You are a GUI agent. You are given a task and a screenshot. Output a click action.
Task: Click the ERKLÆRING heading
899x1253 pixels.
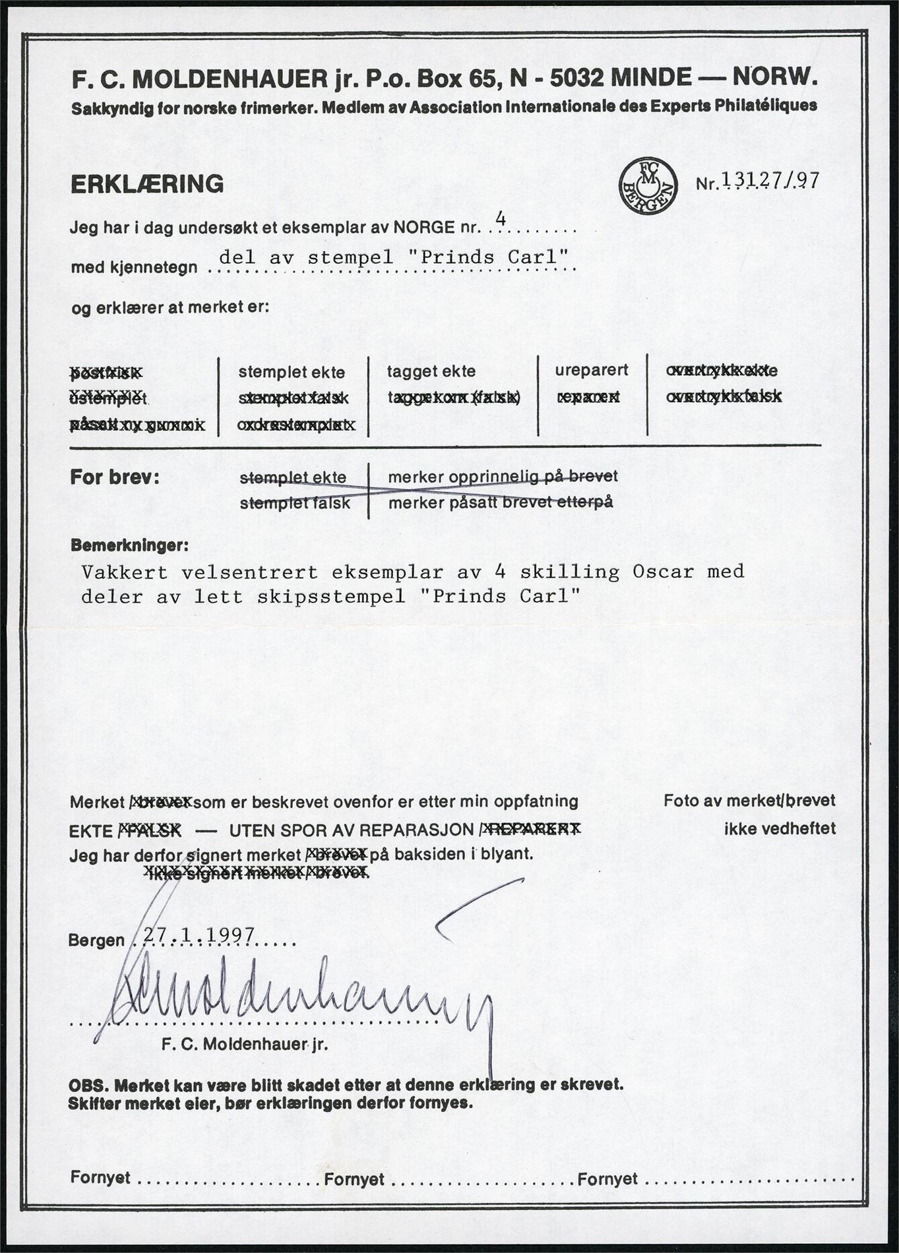pyautogui.click(x=147, y=184)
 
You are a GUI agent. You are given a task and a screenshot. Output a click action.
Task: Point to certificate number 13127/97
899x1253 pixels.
pyautogui.click(x=770, y=181)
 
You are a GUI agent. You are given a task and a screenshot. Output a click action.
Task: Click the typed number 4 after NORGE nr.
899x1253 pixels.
pyautogui.click(x=500, y=220)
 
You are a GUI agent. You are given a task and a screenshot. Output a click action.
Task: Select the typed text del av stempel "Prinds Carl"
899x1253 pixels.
pyautogui.click(x=394, y=257)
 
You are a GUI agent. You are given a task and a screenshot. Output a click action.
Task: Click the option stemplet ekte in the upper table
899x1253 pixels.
pyautogui.click(x=292, y=372)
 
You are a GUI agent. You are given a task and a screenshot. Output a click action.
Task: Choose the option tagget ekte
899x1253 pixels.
pyautogui.click(x=431, y=371)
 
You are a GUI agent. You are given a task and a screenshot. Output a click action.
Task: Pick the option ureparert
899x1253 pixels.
pyautogui.click(x=592, y=370)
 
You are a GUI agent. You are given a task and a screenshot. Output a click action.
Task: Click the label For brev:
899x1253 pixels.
pyautogui.click(x=115, y=477)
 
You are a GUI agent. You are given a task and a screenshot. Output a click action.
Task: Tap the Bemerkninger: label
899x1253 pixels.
pyautogui.click(x=129, y=546)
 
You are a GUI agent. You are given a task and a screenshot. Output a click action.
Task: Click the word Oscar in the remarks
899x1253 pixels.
pyautogui.click(x=663, y=572)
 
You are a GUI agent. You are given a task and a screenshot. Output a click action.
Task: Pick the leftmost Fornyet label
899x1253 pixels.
pyautogui.click(x=100, y=1178)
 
